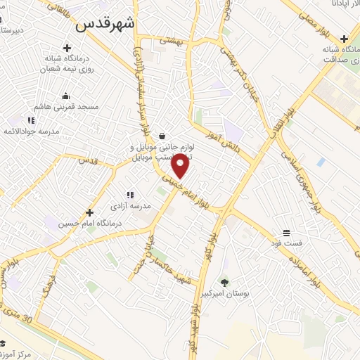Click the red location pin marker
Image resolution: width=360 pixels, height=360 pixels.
[180, 166]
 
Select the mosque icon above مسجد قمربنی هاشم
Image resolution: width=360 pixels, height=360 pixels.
[65, 96]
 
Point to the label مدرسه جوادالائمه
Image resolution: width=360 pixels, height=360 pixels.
[32, 131]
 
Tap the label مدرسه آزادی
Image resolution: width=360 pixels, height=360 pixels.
[131, 206]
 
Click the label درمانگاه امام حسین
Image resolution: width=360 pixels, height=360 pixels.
[89, 224]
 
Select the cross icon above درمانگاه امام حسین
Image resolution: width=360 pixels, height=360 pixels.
[89, 212]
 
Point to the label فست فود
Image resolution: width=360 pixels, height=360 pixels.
[287, 243]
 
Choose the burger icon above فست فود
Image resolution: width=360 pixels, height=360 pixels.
[287, 233]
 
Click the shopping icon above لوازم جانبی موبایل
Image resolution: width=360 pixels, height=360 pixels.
[162, 136]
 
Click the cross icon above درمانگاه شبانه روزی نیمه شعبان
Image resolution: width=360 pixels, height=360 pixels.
[67, 49]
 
